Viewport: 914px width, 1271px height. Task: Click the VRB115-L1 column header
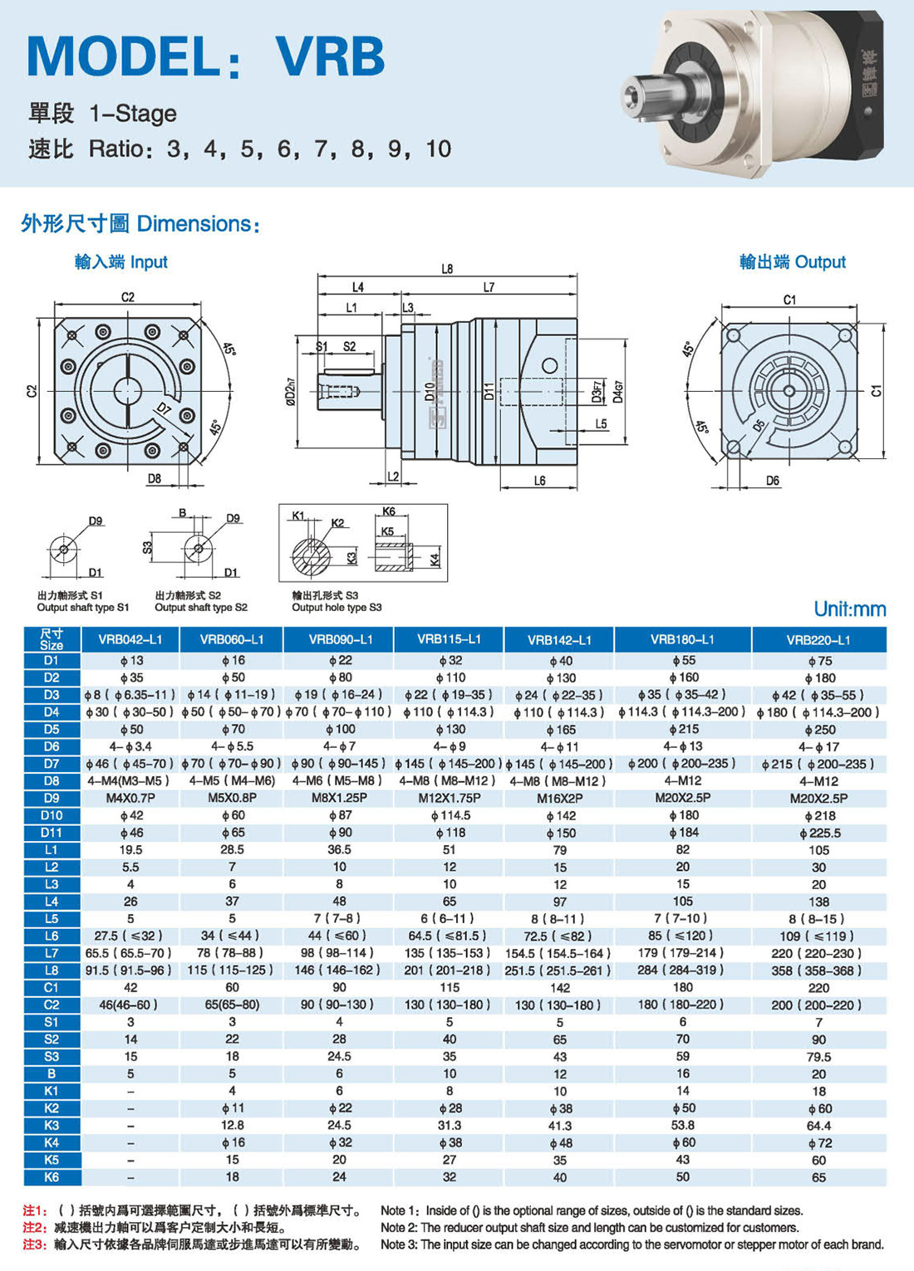coord(449,639)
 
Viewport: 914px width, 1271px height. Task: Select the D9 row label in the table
coord(52,798)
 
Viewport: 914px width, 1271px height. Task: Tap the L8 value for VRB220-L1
coord(818,970)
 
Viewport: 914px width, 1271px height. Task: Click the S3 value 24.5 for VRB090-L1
coord(339,1056)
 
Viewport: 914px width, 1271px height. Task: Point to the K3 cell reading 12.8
coord(232,1125)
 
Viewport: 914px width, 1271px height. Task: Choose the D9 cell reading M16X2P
coord(559,799)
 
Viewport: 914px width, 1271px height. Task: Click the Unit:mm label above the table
coord(849,609)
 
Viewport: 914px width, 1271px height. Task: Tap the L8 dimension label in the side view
coord(447,269)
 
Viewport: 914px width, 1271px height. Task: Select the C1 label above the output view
coord(789,300)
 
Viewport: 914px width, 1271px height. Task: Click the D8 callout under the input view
coord(155,478)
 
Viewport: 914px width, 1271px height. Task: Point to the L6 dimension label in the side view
coord(539,481)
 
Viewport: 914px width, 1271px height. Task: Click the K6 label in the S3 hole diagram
coord(389,511)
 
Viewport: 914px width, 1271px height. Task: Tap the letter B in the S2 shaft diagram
coord(182,512)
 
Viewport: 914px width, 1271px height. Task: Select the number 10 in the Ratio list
coord(439,149)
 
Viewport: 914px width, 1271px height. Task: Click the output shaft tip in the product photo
coord(631,95)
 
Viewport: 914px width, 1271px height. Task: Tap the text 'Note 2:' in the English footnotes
coord(400,1227)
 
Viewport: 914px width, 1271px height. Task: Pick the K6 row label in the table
coord(52,1176)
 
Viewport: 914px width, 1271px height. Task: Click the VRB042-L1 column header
coord(130,639)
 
